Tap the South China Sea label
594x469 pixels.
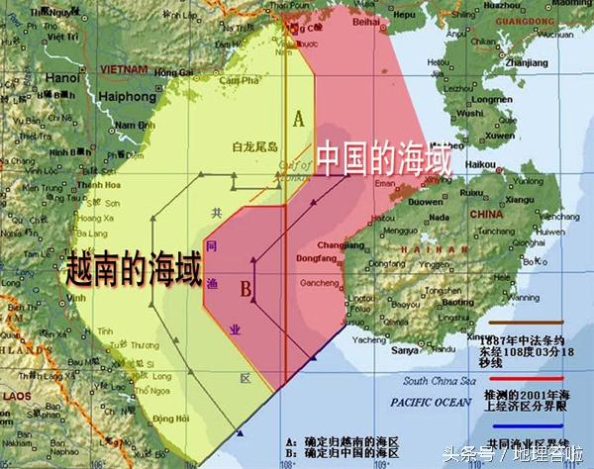[x=439, y=380]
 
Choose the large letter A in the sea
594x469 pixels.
[x=297, y=119]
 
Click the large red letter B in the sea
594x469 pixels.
[x=245, y=290]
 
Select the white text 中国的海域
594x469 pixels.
[x=383, y=160]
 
